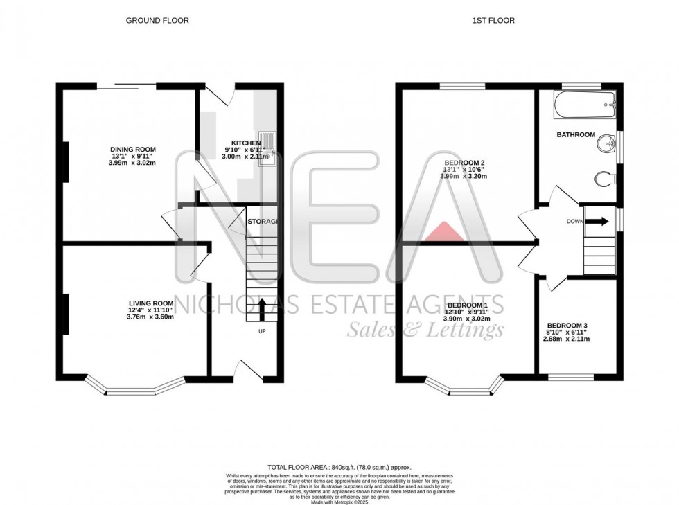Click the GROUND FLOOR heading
tap(157, 21)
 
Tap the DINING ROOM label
tap(133, 150)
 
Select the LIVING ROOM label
tap(150, 303)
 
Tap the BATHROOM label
tap(576, 135)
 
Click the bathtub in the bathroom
tap(585, 105)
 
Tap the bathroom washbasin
tap(607, 144)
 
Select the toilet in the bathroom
tap(604, 179)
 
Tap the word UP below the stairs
tap(261, 331)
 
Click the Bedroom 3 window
tap(571, 378)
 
